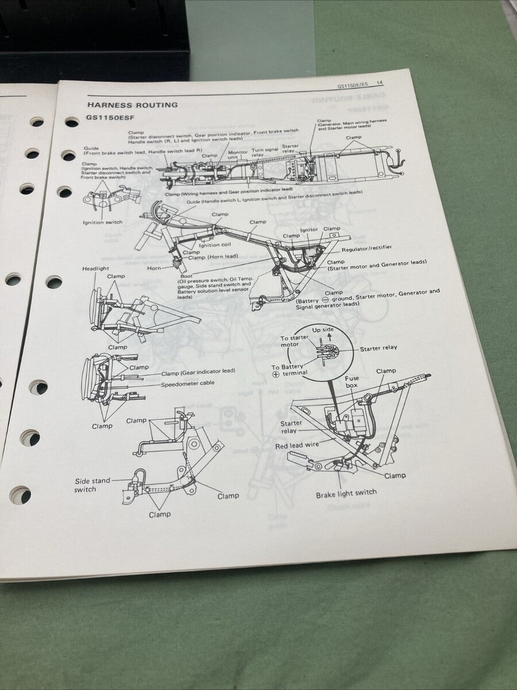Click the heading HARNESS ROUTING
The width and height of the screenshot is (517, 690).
click(132, 105)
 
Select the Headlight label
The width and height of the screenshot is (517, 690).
click(95, 269)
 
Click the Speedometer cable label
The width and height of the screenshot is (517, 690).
click(188, 385)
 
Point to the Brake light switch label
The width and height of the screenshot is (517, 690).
click(346, 493)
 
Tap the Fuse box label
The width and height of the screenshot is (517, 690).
click(352, 382)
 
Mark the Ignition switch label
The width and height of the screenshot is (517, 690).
click(102, 222)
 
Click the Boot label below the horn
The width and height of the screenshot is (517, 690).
click(187, 276)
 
